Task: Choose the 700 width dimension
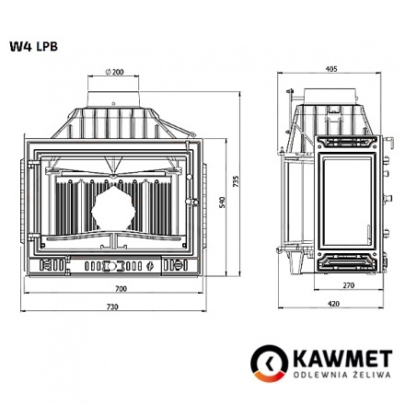click(121, 288)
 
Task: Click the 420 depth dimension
click(333, 303)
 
